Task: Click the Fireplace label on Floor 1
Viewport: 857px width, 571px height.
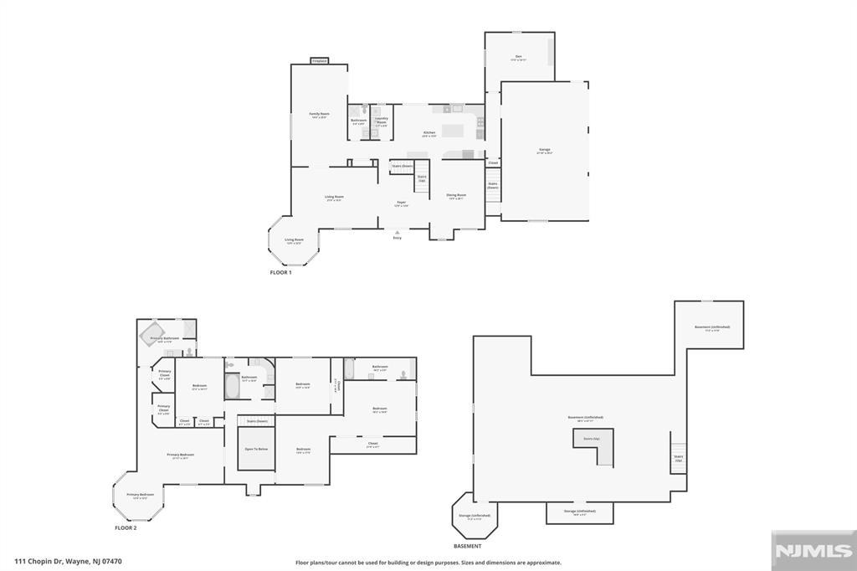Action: coord(319,60)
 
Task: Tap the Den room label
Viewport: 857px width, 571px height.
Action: coord(519,57)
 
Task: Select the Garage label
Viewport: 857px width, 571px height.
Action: coord(544,151)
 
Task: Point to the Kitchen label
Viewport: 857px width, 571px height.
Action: coord(429,133)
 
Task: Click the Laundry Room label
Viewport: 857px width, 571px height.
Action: coord(382,120)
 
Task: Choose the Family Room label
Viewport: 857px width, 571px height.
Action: coord(319,115)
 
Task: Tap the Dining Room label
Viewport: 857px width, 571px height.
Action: coord(457,196)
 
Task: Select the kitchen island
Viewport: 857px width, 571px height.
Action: coord(454,130)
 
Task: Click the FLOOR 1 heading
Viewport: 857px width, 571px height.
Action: coord(280,273)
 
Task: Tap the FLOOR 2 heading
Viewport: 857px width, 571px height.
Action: coord(126,528)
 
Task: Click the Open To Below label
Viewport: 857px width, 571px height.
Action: coord(256,450)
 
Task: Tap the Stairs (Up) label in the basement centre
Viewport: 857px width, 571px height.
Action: coord(589,438)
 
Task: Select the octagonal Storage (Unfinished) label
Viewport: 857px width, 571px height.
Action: coord(475,517)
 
